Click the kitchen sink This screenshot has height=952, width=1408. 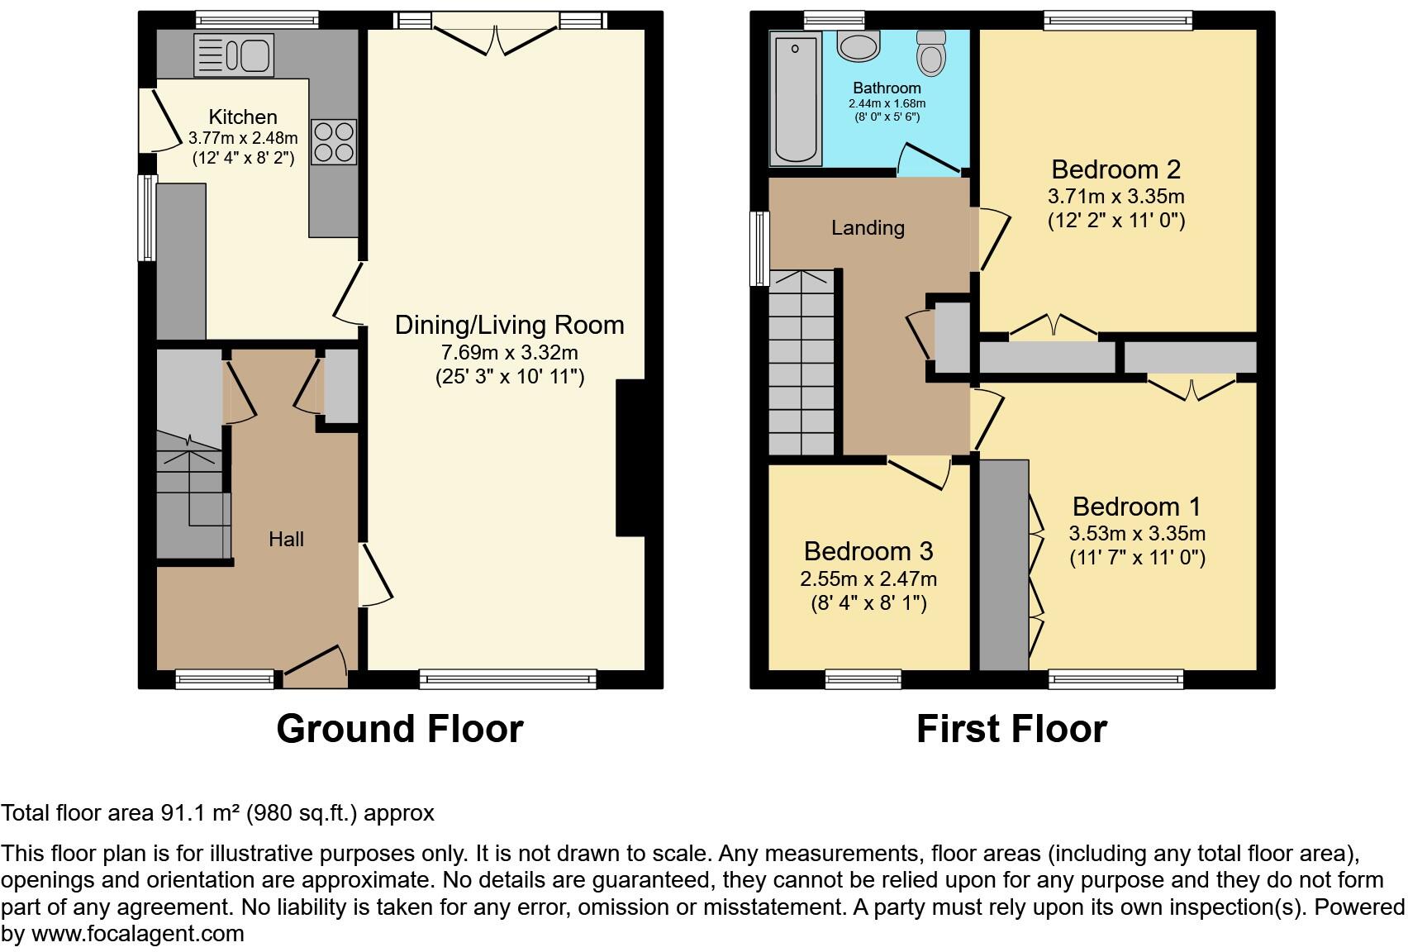pyautogui.click(x=234, y=55)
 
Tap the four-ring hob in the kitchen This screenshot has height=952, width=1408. pyautogui.click(x=333, y=142)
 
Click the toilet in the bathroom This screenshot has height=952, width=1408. pyautogui.click(x=931, y=54)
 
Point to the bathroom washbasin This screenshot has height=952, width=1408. pyautogui.click(x=859, y=45)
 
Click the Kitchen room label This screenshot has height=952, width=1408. pyautogui.click(x=242, y=117)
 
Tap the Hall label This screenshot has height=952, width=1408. pyautogui.click(x=286, y=540)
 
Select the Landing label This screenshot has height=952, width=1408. pyautogui.click(x=868, y=228)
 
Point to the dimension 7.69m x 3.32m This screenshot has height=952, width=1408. pyautogui.click(x=509, y=353)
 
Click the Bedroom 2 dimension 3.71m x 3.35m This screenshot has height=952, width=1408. pyautogui.click(x=1115, y=197)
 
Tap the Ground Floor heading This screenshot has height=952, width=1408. pyautogui.click(x=399, y=729)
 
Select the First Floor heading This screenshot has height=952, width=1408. pyautogui.click(x=1011, y=729)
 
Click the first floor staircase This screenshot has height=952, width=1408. pyautogui.click(x=801, y=364)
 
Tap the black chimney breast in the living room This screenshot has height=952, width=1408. pyautogui.click(x=630, y=459)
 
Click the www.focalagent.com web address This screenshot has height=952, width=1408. pyautogui.click(x=137, y=934)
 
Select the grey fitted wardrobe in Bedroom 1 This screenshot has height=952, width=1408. pyautogui.click(x=1003, y=565)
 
